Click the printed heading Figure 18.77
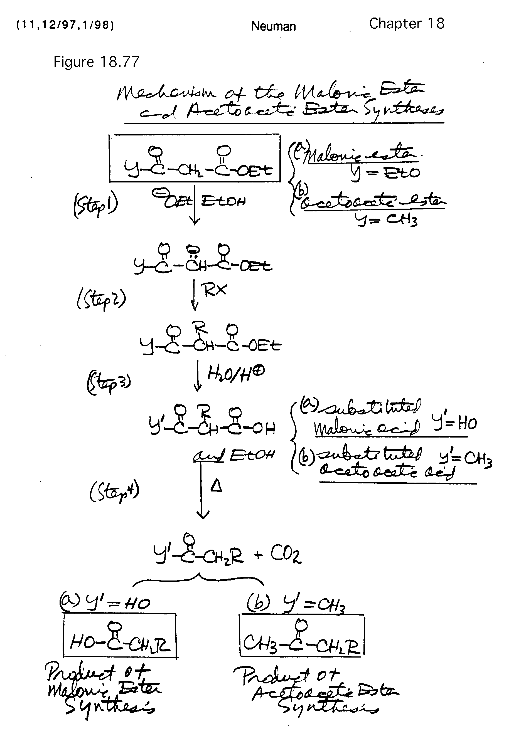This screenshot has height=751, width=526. pos(96,62)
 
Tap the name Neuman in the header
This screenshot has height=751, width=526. pos(273,26)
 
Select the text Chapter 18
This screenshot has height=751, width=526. pos(407,24)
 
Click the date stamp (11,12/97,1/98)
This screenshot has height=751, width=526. pos(65,25)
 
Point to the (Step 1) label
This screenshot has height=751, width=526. pos(95,206)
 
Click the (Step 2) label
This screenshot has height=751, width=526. pos(101,299)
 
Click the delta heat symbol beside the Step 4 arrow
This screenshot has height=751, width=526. pos(216,487)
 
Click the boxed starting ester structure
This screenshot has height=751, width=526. pos(195,158)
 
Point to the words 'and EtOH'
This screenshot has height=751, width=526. pos(234,455)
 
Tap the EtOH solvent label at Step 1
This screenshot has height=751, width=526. pos(223,201)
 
